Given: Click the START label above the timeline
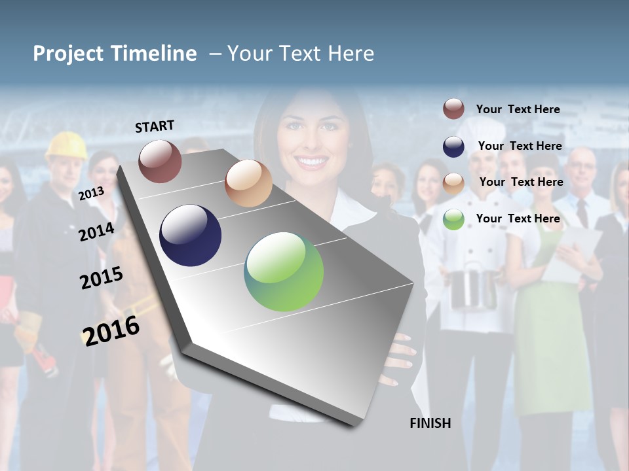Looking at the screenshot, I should coord(155,126).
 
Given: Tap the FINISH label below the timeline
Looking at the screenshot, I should coord(430,423).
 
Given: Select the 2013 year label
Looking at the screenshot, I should coord(91,193).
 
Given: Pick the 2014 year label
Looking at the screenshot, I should coord(96,232).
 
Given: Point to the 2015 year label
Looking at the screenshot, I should coord(101,278).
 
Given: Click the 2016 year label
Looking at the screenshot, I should coord(111,330).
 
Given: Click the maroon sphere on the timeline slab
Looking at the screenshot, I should coord(160,161).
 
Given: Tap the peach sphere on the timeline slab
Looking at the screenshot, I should coord(248,183).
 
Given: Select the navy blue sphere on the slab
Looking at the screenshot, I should coord(191,235).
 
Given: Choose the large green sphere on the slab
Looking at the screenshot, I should coord(284,271).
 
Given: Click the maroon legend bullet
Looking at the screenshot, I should coord(453,109).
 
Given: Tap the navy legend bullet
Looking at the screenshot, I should coord(453,147).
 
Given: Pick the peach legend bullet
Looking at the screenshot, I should coord(453,183).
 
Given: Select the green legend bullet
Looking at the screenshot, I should coord(453,219).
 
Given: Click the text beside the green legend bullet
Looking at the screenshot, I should coord(518,218).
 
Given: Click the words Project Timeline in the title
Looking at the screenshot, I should coord(115,54).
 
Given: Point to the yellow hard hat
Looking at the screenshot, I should coord(66,146).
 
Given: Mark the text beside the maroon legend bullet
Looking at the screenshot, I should coord(518,109).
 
